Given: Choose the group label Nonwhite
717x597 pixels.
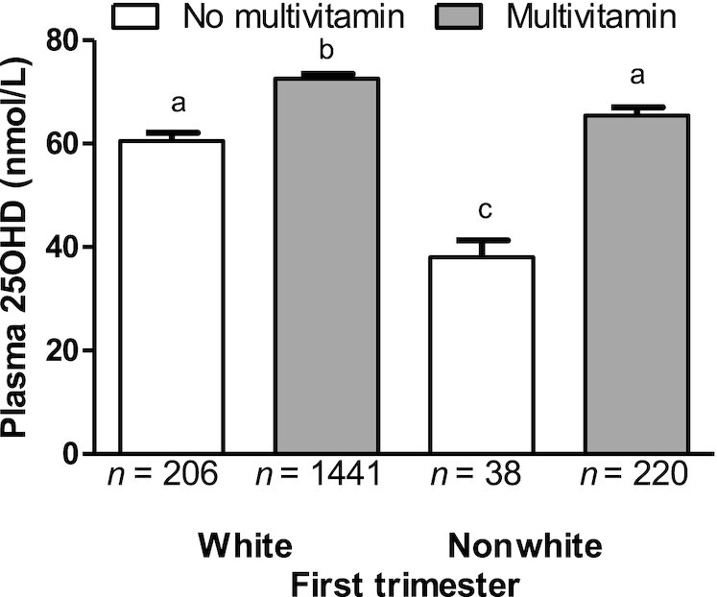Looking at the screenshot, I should pos(525,545).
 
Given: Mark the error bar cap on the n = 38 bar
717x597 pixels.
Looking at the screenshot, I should pos(480,240).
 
